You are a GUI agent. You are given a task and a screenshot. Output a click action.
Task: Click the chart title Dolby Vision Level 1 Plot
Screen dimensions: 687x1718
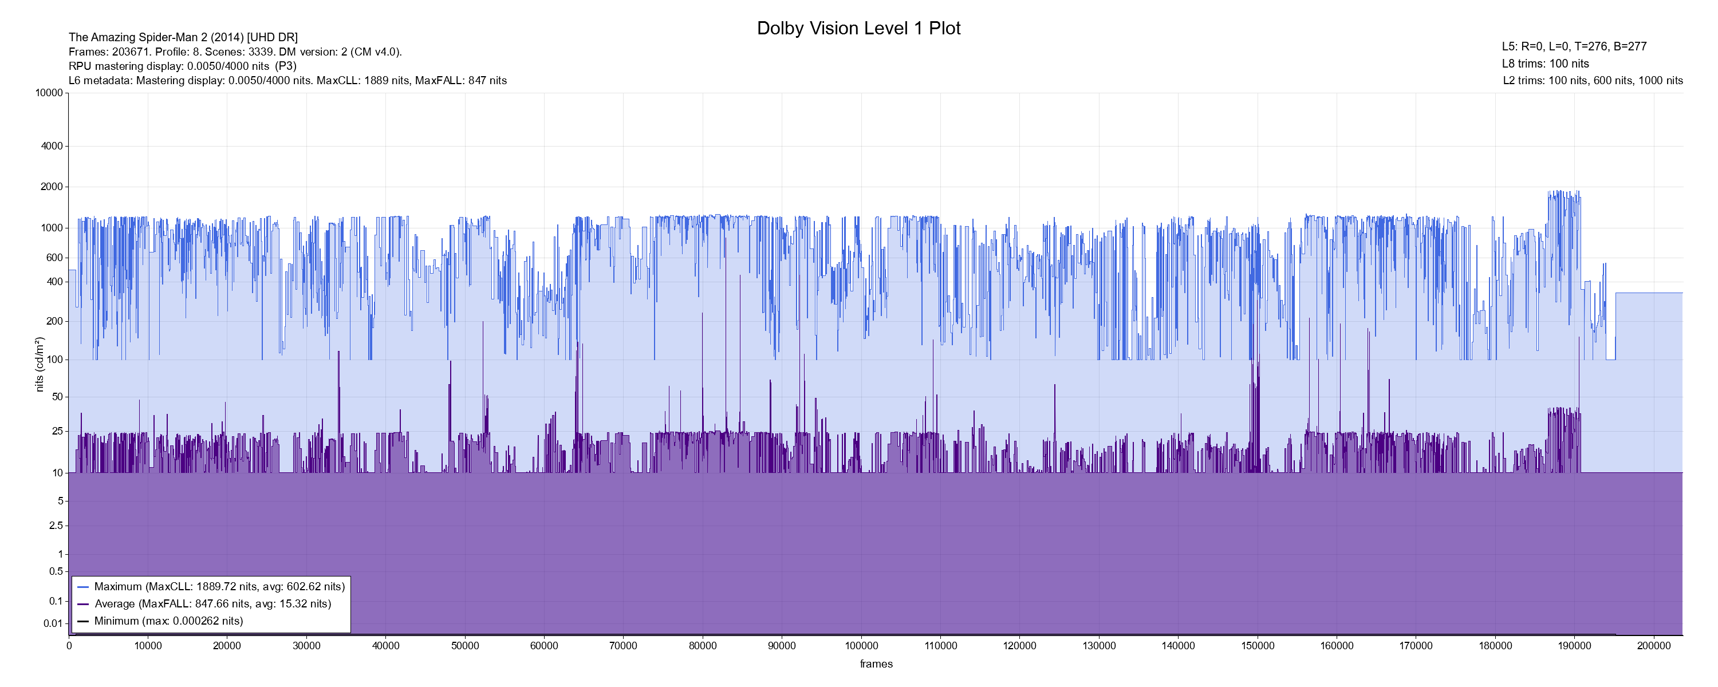(858, 29)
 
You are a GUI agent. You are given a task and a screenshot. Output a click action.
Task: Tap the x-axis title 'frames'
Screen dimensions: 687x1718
(876, 664)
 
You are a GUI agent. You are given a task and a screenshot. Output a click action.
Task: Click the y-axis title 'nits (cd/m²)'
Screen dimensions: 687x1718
(40, 364)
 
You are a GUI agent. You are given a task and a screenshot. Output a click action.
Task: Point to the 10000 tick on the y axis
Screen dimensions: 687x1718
(49, 93)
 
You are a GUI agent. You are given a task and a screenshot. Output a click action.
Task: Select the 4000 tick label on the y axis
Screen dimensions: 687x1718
(52, 146)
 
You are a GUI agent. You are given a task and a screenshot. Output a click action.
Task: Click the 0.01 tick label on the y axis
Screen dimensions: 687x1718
(53, 623)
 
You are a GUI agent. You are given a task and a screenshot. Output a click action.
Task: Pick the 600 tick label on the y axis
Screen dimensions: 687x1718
(54, 258)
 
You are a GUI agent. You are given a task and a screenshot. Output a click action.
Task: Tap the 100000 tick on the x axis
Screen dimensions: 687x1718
(861, 646)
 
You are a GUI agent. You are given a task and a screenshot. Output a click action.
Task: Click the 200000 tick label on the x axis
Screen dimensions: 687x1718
(1653, 646)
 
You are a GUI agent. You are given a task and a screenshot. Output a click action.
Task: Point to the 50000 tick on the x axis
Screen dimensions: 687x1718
(465, 646)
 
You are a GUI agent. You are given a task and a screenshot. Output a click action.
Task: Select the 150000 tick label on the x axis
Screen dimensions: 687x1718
(1257, 646)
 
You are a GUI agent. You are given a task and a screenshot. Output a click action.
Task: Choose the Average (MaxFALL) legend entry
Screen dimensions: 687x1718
(212, 603)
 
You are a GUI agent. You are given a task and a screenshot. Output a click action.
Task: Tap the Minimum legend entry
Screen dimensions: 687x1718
(168, 621)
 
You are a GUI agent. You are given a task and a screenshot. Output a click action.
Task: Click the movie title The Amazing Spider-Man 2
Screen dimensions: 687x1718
(183, 37)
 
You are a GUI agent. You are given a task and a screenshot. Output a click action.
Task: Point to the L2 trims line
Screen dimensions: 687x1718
(1593, 81)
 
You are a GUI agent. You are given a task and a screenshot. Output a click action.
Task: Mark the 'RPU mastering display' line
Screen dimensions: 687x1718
(183, 66)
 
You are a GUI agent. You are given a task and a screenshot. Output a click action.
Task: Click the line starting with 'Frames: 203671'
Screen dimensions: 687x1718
(235, 52)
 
